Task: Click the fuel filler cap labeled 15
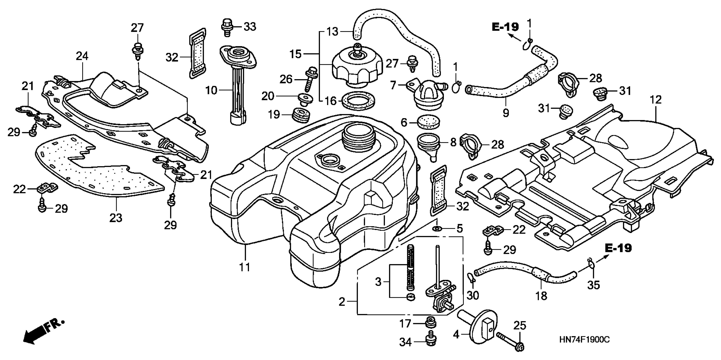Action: point(357,67)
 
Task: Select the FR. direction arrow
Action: point(42,333)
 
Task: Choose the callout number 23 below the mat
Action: point(116,218)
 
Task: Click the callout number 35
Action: point(594,285)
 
